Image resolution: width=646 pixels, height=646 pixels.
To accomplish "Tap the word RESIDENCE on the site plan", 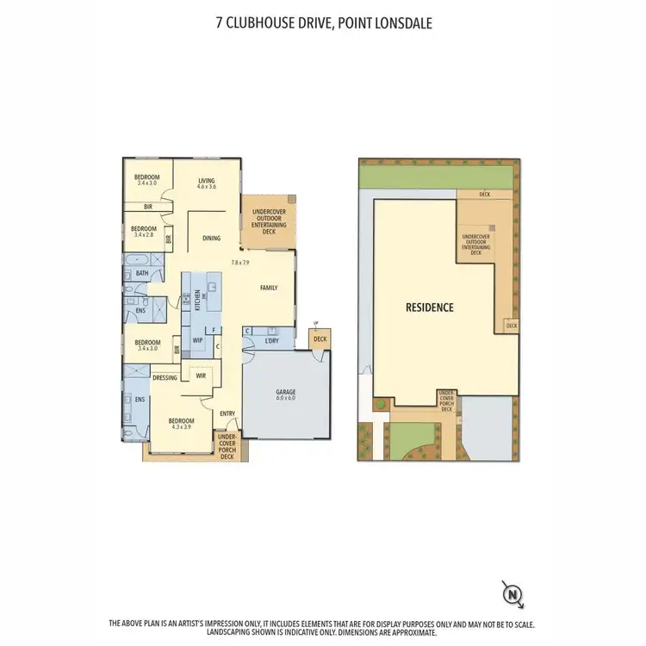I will [x=430, y=307].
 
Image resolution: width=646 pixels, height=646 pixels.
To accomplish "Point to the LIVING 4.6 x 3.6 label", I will [x=206, y=183].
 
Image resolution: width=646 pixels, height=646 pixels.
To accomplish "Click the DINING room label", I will [x=212, y=238].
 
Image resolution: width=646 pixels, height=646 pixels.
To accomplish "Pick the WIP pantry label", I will [x=197, y=339].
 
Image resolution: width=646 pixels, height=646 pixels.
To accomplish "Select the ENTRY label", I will [x=227, y=413].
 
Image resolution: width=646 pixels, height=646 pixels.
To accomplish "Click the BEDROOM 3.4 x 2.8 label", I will [x=143, y=231].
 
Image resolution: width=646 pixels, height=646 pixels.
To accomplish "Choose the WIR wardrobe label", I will [x=200, y=375].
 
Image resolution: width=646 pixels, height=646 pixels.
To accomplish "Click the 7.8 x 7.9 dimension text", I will [x=239, y=262].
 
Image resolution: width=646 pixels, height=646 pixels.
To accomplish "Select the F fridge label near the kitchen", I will [x=212, y=329].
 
